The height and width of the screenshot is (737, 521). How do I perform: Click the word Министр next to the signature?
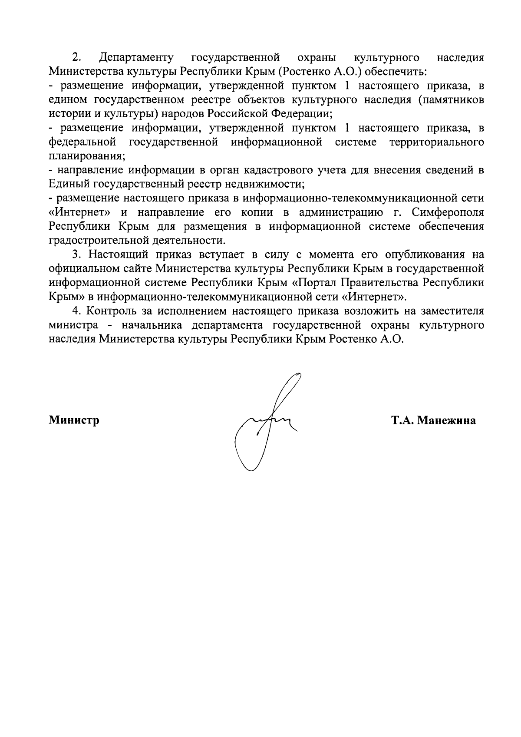click(74, 420)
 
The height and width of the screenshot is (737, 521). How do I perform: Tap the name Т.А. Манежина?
click(433, 420)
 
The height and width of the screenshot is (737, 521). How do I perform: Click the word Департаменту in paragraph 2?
click(136, 57)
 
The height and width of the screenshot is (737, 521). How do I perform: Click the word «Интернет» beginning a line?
click(79, 212)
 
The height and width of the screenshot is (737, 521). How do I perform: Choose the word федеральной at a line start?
click(82, 142)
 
